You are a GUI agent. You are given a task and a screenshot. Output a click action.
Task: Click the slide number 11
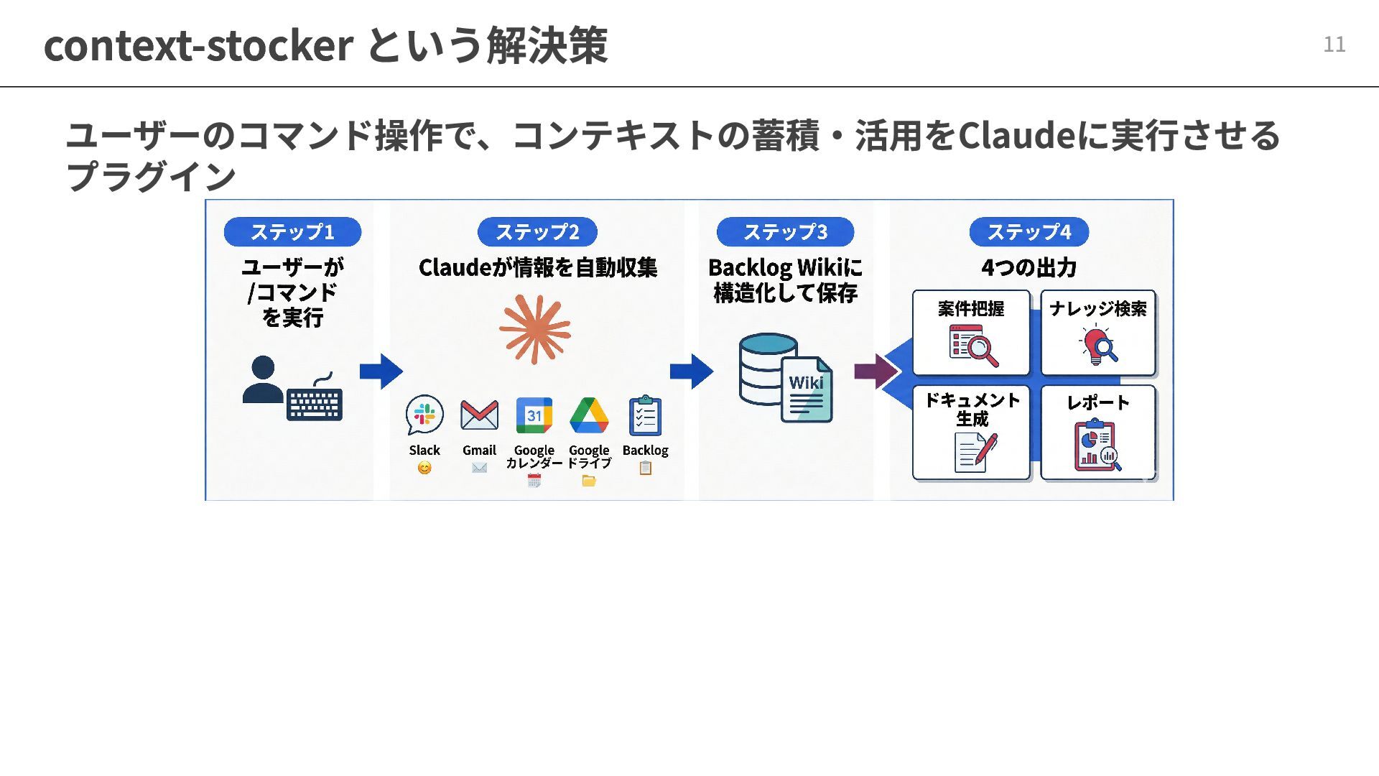(x=1334, y=45)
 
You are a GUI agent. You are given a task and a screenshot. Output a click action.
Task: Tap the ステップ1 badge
(x=292, y=232)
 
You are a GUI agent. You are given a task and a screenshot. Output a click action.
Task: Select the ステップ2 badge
(x=537, y=232)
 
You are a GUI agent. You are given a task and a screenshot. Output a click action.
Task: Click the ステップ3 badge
(x=785, y=232)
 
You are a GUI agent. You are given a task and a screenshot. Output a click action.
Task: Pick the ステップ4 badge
(x=1029, y=232)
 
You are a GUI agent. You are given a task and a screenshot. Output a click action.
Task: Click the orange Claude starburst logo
(x=535, y=330)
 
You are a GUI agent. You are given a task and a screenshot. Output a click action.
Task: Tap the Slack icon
(x=424, y=415)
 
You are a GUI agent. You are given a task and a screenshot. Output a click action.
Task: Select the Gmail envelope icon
(x=479, y=415)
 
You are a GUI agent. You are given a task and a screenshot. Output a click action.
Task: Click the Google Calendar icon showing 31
(x=534, y=415)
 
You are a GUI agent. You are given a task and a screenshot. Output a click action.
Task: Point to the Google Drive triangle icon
(x=589, y=415)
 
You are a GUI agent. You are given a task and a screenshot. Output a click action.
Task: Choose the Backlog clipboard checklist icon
(x=645, y=415)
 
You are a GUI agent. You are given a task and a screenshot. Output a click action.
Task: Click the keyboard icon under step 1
(x=315, y=404)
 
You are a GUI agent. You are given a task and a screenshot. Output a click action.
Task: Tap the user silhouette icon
(x=263, y=379)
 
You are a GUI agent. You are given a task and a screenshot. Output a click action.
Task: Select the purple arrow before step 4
(x=876, y=371)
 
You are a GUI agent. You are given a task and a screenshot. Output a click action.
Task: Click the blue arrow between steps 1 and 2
(x=381, y=371)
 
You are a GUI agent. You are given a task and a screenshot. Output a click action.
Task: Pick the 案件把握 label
(x=971, y=309)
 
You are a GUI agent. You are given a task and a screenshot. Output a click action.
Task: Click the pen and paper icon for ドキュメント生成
(x=975, y=452)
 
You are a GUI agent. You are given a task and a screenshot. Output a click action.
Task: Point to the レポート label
(x=1097, y=402)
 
